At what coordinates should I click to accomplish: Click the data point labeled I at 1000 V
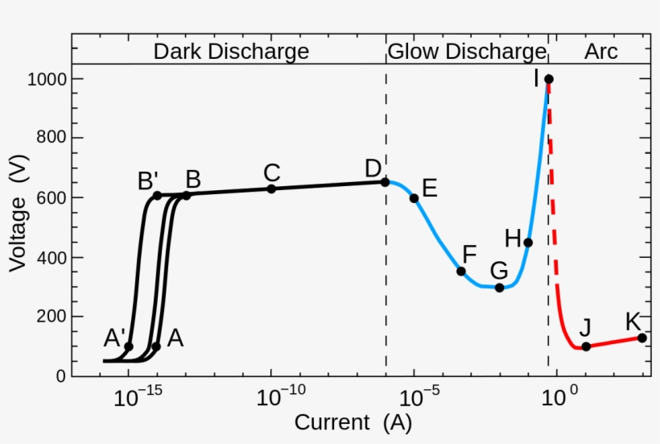(548, 79)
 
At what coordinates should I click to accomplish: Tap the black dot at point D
(385, 182)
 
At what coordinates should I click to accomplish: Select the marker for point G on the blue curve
(499, 288)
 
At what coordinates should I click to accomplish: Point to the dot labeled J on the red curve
(586, 346)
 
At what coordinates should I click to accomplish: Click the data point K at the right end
(642, 338)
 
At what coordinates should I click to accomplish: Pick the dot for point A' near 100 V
(129, 346)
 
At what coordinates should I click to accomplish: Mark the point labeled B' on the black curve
(158, 196)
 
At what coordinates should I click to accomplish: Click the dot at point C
(271, 189)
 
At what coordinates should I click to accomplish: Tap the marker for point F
(461, 271)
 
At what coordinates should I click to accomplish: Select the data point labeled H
(528, 243)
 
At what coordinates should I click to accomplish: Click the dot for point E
(415, 198)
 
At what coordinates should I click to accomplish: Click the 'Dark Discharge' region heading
(231, 52)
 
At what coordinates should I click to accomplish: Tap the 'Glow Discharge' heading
(467, 52)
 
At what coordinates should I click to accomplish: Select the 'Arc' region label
(601, 52)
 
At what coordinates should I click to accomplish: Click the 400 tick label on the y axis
(49, 258)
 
